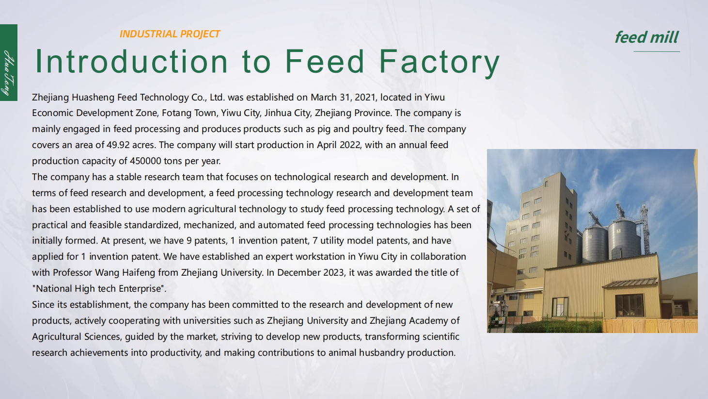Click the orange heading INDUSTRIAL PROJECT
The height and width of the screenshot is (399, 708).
[x=170, y=34]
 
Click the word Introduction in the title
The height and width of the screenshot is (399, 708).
[x=131, y=62]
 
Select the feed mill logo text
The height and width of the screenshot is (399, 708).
[x=646, y=37]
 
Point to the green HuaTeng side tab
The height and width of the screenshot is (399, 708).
[x=9, y=63]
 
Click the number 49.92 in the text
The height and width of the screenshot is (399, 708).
[x=118, y=145]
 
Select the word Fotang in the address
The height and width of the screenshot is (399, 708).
[x=177, y=113]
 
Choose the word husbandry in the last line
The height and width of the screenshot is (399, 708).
[x=381, y=353]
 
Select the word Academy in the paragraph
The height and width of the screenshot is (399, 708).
[x=428, y=321]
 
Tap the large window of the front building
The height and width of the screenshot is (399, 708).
[x=629, y=305]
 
